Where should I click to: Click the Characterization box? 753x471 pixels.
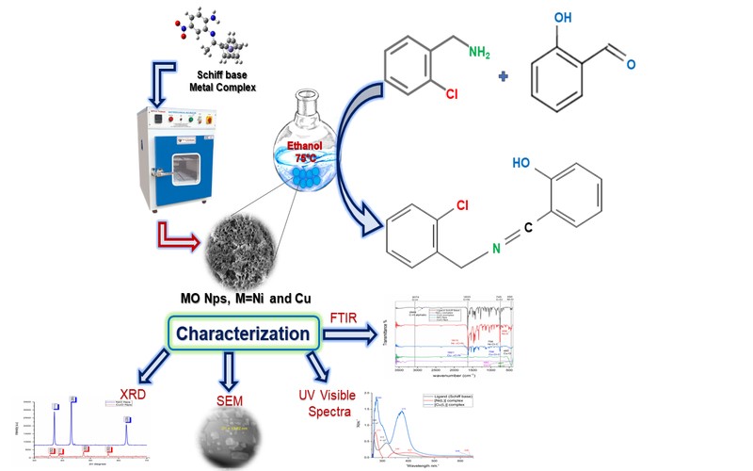pos(241,333)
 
